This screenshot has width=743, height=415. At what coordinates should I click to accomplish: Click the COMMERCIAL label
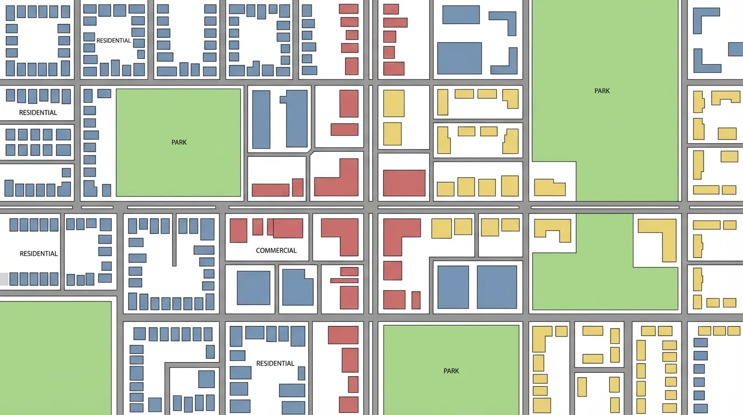276,251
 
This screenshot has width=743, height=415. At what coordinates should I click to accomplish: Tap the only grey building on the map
4,279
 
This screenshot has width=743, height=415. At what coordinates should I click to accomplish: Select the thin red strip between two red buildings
344,280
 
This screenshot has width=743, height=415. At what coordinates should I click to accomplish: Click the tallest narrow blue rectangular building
261,119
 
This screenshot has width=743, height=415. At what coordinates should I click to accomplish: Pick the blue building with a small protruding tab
294,119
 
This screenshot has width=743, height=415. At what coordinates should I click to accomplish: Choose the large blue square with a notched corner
298,287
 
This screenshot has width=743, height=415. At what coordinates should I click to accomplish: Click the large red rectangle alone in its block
404,183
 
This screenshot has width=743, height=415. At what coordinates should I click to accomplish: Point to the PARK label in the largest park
602,91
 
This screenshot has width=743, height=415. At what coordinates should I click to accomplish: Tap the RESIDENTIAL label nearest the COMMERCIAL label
275,364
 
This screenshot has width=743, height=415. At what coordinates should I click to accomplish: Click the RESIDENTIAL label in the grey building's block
38,254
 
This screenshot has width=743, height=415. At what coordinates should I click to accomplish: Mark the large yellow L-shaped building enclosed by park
661,238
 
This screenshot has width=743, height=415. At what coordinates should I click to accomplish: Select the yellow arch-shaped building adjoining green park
553,230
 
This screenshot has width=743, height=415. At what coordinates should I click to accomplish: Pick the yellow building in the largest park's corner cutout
550,188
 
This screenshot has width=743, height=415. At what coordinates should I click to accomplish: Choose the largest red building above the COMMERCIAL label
288,228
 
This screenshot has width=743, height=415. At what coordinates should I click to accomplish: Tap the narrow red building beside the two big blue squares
416,300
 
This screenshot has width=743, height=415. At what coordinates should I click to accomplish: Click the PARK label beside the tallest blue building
179,143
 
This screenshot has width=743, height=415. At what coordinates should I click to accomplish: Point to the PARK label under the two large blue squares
451,371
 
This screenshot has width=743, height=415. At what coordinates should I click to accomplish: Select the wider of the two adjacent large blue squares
497,287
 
